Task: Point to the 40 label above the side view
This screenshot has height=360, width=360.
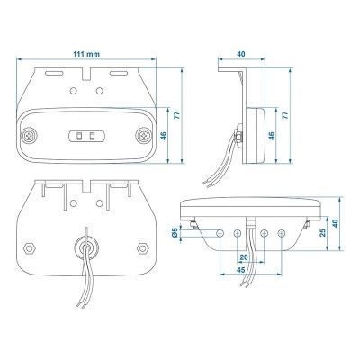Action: coord(241,55)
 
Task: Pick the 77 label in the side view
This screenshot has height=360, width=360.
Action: coord(285,116)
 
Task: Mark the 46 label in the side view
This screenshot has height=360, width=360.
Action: coord(270,136)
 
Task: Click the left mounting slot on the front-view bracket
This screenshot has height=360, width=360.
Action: coord(54,69)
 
